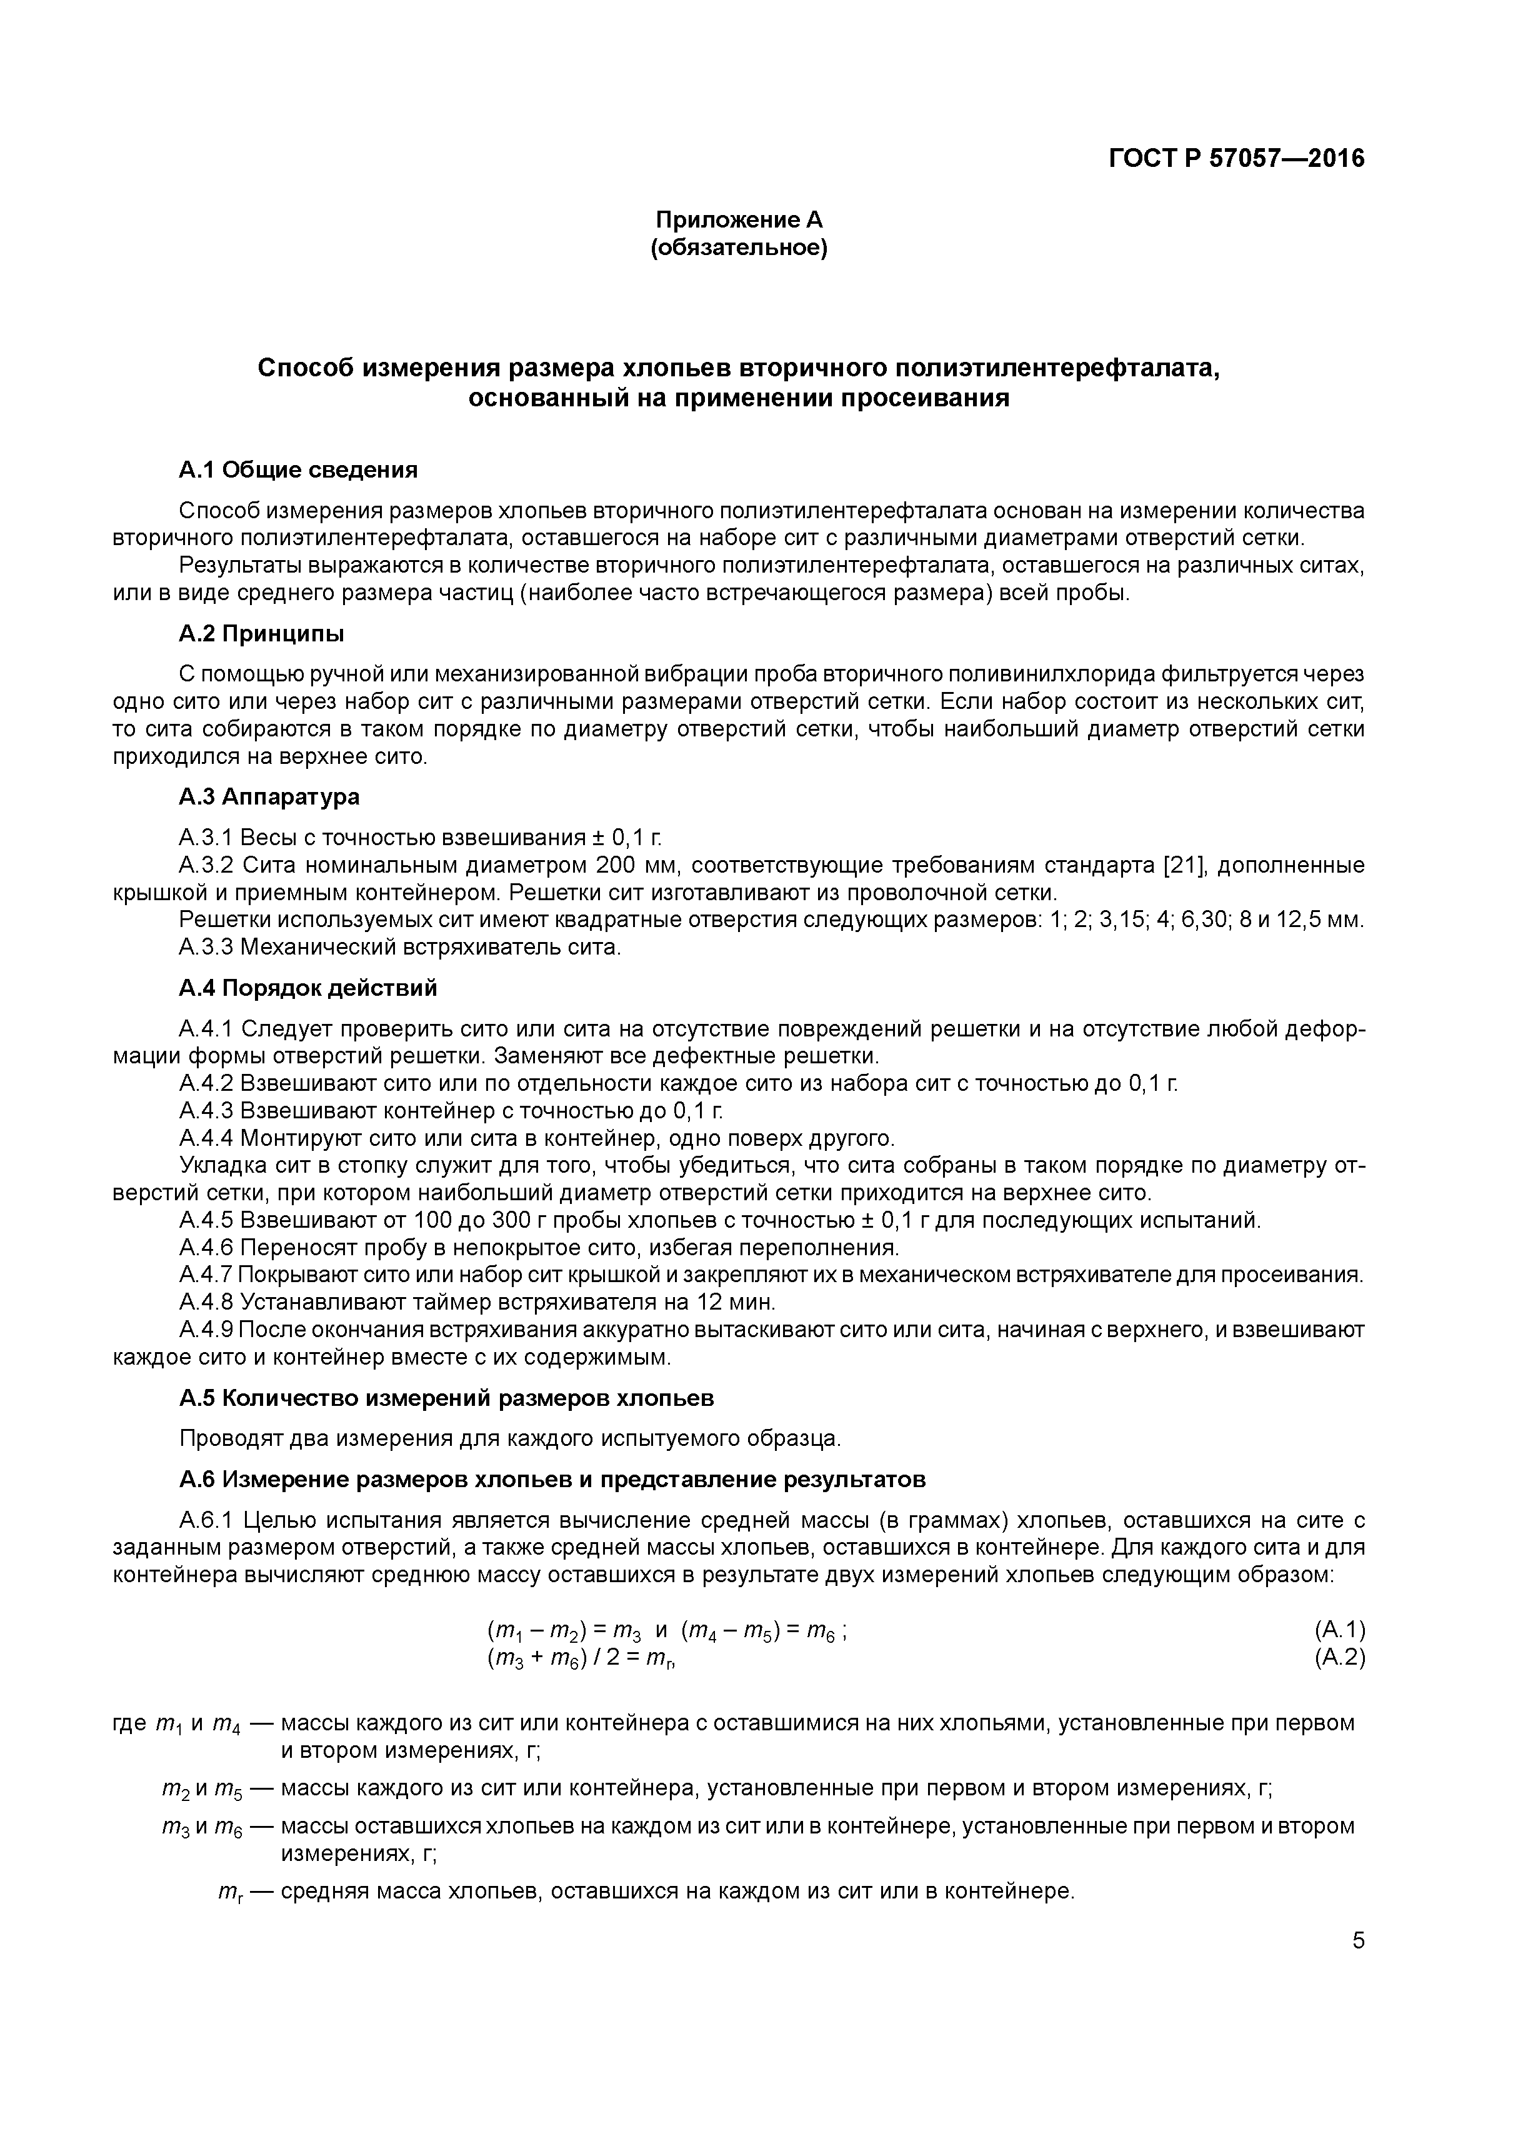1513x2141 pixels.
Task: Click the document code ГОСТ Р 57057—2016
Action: pos(1236,159)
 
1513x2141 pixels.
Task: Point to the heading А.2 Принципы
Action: pos(261,633)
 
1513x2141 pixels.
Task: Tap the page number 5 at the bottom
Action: pos(1357,1940)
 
